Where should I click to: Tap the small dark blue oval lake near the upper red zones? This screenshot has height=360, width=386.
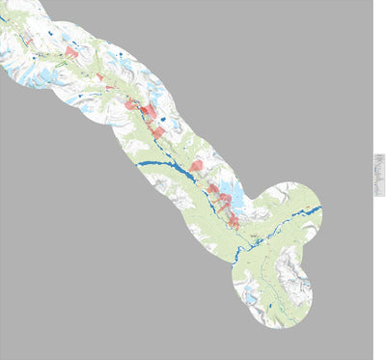point(161,119)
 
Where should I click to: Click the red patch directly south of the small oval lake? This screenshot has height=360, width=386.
point(156,132)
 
